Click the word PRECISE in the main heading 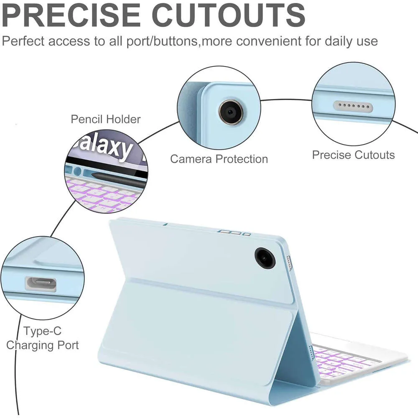coord(71,15)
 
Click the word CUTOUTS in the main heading coord(230,15)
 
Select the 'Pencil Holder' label coord(106,119)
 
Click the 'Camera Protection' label coord(219,159)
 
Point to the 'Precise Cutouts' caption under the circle coord(353,155)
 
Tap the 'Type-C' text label coord(43,331)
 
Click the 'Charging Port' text coord(42,345)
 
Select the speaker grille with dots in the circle coord(353,106)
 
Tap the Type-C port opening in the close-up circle coord(41,284)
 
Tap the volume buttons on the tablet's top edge coord(234,232)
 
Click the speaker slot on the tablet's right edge coord(289,262)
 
